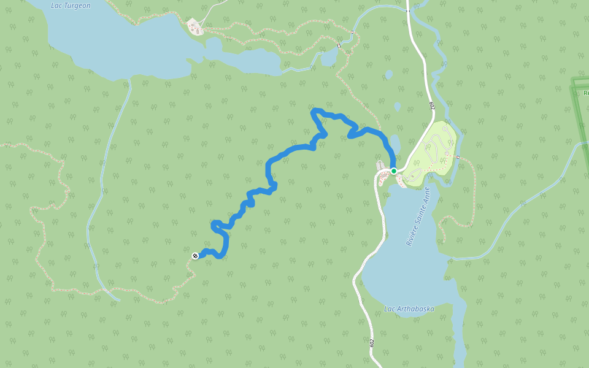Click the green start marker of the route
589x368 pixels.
[393, 171]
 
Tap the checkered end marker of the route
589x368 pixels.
[195, 255]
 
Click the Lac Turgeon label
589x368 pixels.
[71, 6]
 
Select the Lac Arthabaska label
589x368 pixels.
[409, 309]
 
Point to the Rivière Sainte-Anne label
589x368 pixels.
[418, 217]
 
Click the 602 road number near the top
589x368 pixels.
[433, 106]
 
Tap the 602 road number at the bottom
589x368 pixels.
[372, 342]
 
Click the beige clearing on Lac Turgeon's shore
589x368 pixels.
[195, 26]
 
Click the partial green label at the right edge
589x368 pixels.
[585, 93]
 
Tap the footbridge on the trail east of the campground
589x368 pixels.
[457, 157]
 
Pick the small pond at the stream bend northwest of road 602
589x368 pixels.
[329, 58]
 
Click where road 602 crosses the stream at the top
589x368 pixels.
[407, 10]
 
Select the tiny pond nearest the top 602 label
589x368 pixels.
[397, 106]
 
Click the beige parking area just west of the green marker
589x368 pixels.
[382, 175]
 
